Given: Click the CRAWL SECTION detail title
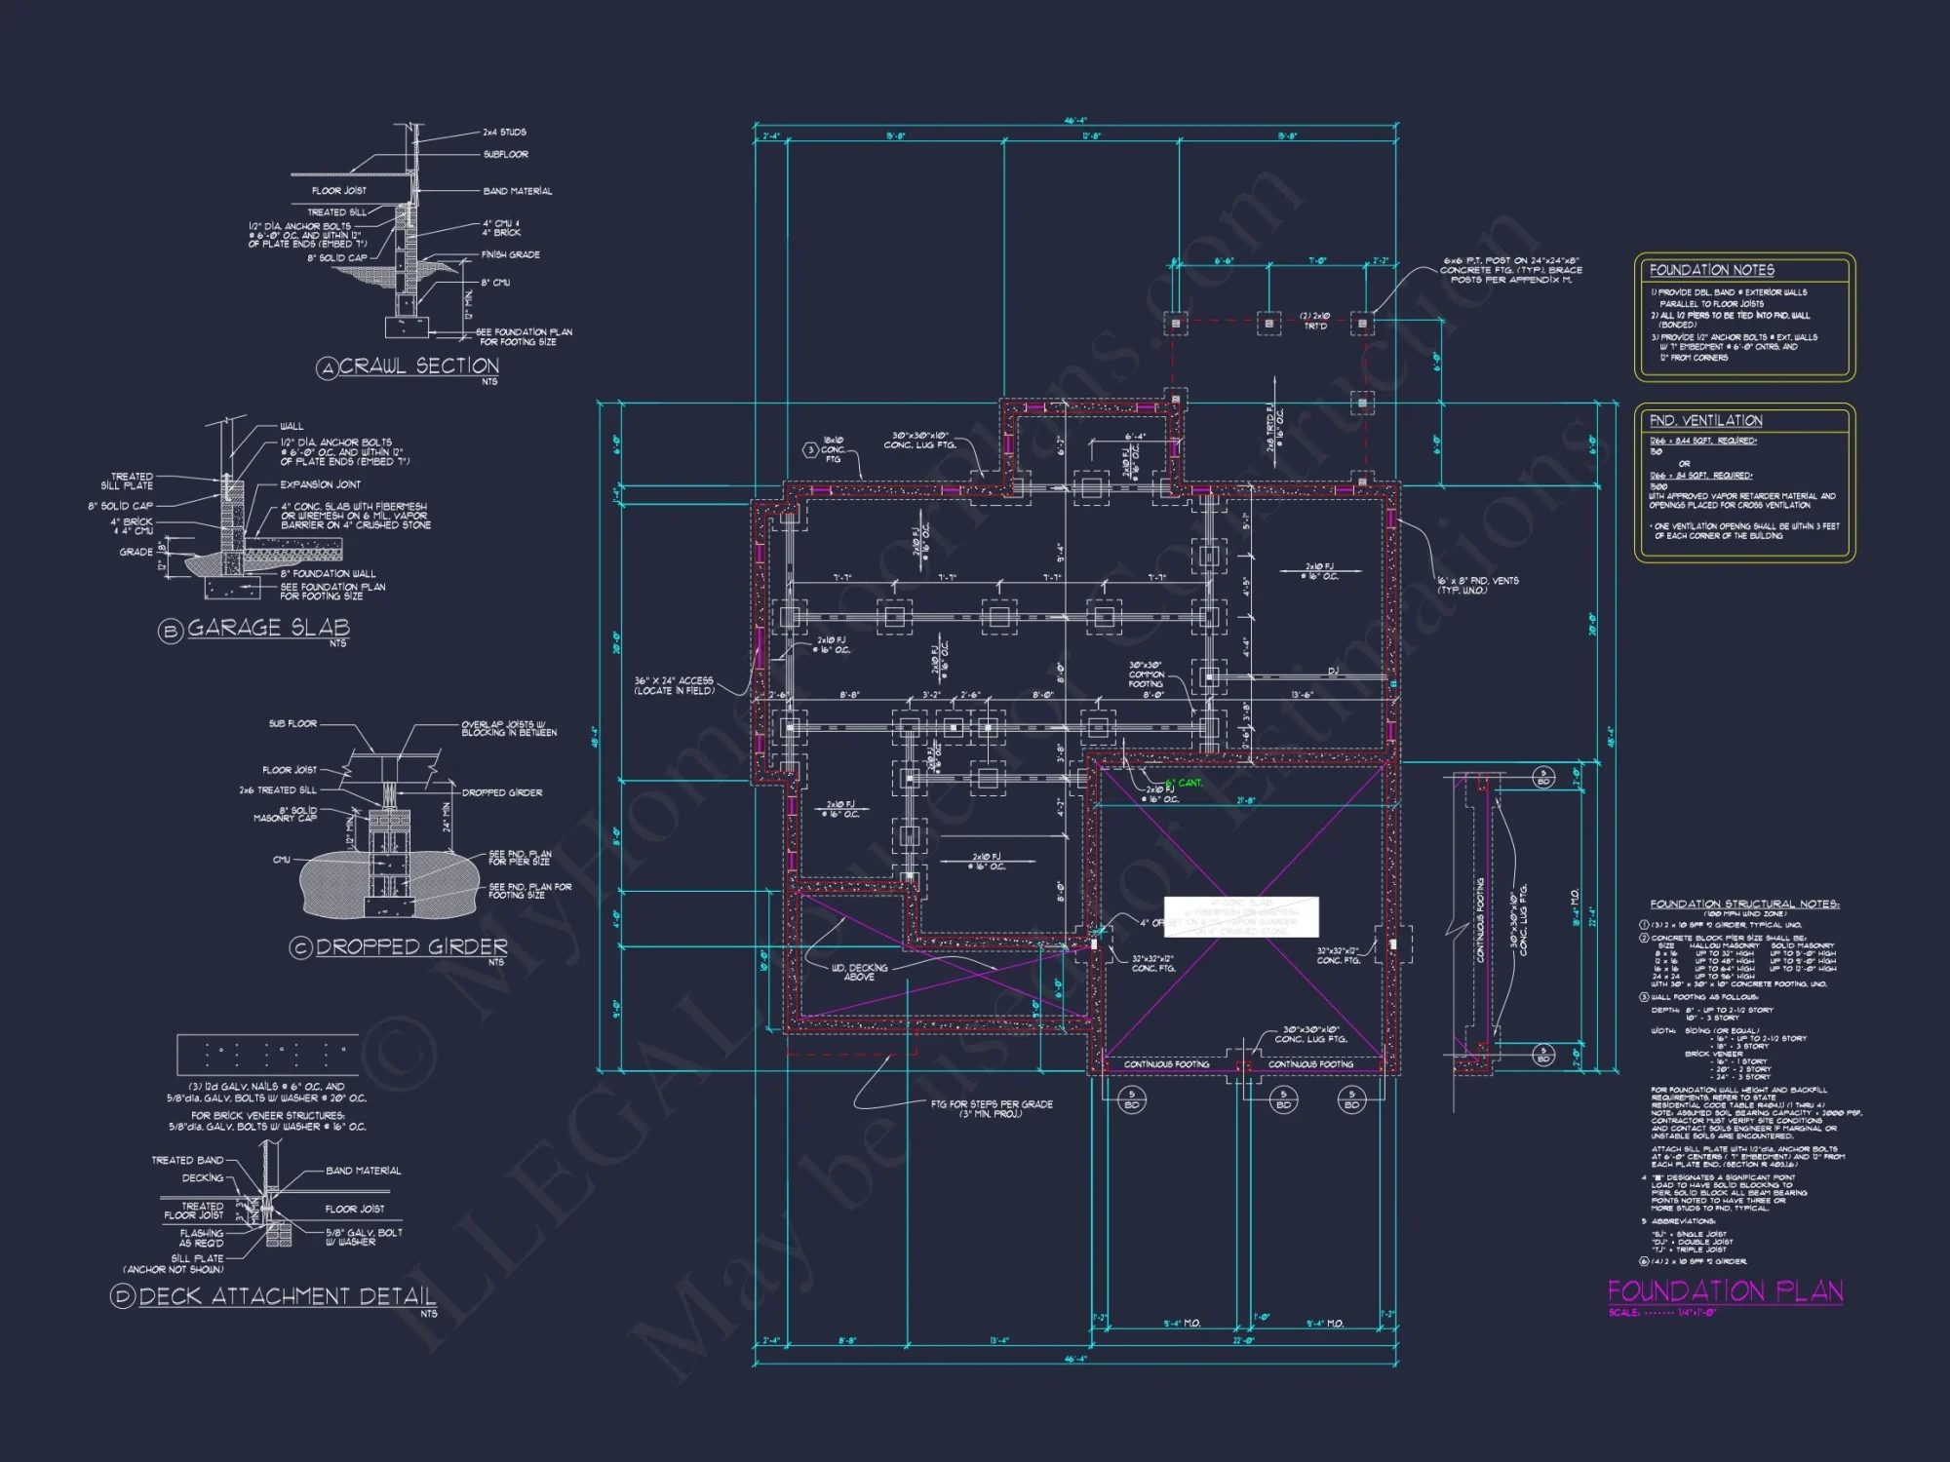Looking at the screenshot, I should click(418, 366).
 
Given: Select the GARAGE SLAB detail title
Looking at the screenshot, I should click(268, 628).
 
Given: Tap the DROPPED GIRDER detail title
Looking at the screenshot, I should click(411, 946).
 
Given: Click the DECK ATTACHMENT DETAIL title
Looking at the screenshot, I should click(287, 1296).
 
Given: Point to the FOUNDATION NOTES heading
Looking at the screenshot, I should click(1711, 270).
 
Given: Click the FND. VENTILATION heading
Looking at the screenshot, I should click(1705, 420).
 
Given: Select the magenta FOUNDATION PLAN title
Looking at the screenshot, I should click(1725, 1291).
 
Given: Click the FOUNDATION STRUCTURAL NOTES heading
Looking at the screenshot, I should click(1744, 904).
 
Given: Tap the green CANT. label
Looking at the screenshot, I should click(1189, 783).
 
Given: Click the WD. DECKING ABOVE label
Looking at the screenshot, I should click(859, 972).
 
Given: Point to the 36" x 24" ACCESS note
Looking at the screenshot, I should click(674, 685).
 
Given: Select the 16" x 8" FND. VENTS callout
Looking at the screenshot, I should click(1477, 585).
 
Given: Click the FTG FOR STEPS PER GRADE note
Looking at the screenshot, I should click(992, 1108).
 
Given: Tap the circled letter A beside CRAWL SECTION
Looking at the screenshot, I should click(327, 367).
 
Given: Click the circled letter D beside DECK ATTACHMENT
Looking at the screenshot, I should click(123, 1296).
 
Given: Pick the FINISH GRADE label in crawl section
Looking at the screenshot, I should click(510, 254).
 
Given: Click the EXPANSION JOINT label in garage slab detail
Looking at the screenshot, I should click(320, 484).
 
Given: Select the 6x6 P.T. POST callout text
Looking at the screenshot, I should click(1512, 270).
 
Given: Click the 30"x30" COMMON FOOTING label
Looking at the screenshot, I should click(1147, 674).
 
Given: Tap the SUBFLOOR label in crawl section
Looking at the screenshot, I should click(505, 154).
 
